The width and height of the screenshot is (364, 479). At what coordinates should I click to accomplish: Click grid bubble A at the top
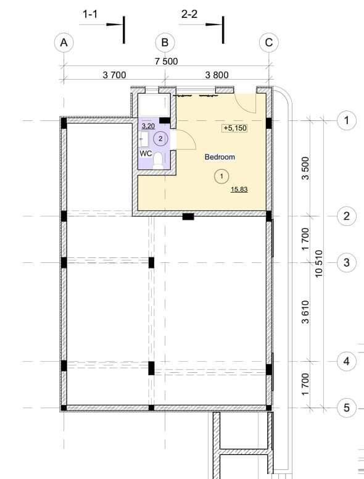64,43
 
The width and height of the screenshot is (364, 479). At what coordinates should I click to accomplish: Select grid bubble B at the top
165,43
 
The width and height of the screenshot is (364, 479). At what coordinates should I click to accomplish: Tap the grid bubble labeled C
269,43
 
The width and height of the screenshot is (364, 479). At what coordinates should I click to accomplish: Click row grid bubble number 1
346,120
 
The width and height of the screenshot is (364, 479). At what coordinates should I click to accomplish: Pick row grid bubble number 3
346,262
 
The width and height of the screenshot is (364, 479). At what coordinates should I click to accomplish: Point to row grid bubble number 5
346,407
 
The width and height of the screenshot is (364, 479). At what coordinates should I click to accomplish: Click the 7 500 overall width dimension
166,61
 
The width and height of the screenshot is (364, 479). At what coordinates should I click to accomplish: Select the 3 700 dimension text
114,75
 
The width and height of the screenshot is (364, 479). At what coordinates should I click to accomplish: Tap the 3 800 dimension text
217,75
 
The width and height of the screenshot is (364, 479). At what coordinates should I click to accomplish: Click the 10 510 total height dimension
318,264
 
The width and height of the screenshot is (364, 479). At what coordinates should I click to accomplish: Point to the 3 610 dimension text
305,312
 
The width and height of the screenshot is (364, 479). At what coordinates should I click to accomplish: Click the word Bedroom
220,157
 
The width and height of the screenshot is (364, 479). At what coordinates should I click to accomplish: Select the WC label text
146,154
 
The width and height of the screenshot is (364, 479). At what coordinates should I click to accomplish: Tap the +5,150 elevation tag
235,128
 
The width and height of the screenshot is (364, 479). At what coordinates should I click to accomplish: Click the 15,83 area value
239,190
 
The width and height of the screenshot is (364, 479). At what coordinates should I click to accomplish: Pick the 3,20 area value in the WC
149,126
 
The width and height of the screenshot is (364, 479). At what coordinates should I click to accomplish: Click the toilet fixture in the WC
157,161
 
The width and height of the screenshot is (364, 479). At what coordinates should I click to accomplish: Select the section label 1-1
90,14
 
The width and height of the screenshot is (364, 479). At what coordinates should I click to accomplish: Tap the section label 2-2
189,14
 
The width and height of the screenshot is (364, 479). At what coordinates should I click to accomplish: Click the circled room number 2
161,139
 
